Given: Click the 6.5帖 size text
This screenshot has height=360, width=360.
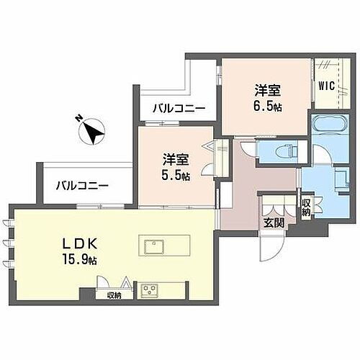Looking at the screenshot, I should click(x=267, y=104).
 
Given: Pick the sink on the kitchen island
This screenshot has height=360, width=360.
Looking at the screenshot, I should click(x=155, y=246).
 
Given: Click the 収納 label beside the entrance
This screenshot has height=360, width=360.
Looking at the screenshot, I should click(x=306, y=208).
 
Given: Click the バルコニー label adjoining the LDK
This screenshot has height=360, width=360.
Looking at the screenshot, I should click(x=83, y=185).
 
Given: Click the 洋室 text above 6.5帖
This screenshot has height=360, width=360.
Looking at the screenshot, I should click(x=267, y=90).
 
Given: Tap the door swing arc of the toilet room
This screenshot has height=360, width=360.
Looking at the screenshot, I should click(x=247, y=151).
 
